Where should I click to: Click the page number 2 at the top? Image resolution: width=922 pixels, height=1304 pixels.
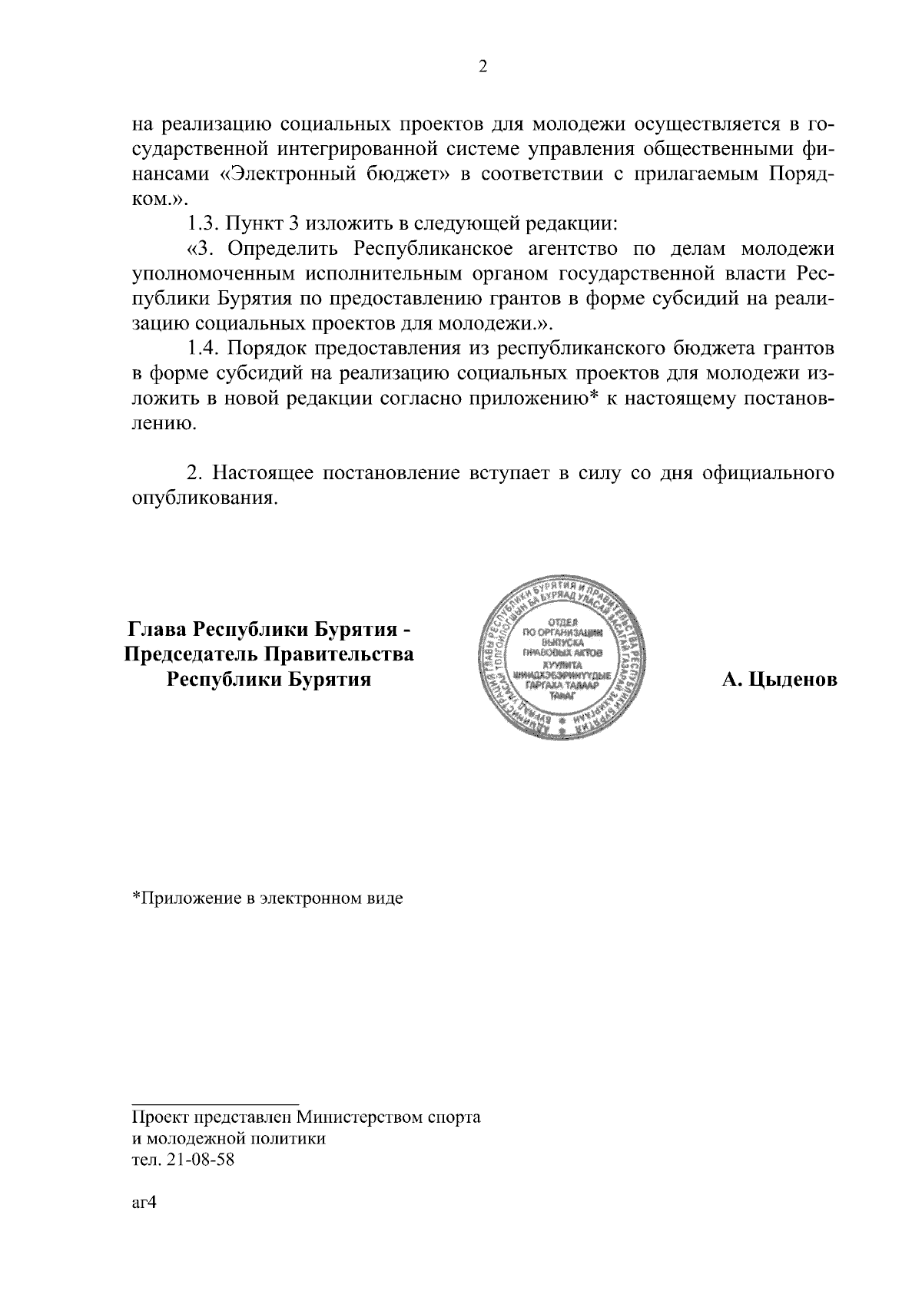click(483, 67)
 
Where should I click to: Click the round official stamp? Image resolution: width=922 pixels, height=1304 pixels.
click(562, 658)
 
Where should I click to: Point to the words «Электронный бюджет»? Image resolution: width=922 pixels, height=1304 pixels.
click(335, 174)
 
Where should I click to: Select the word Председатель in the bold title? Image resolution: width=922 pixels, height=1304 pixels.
click(183, 655)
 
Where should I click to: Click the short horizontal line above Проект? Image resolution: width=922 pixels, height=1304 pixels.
click(214, 1104)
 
